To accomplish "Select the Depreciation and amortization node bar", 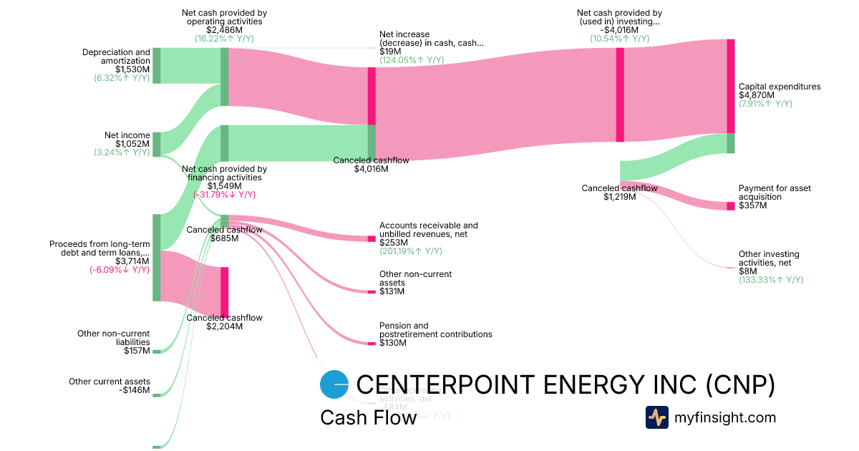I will [156, 66].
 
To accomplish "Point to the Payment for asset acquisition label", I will [775, 197].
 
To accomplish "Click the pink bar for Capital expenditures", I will [730, 86].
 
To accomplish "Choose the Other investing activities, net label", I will [770, 263].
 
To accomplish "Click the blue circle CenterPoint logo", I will [334, 384].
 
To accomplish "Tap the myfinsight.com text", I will [725, 417].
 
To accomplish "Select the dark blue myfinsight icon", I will [656, 417].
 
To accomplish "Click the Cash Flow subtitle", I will [368, 418].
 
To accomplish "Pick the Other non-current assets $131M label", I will [415, 283].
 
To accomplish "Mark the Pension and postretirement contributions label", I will [435, 334].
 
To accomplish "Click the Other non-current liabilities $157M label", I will [114, 342].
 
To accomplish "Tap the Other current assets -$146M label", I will [110, 386].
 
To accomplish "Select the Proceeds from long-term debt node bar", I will [156, 258].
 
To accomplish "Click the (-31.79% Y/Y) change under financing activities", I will [224, 195].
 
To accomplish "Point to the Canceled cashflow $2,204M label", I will [224, 322].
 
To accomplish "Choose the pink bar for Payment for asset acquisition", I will [730, 206].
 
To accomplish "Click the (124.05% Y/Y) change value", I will [411, 60].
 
